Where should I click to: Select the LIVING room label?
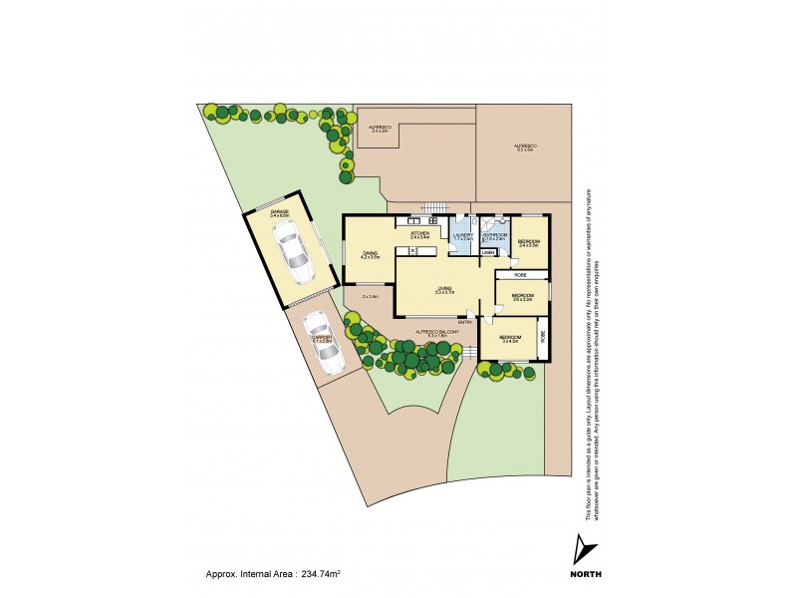coord(444,289)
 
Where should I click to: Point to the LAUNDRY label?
coord(463,235)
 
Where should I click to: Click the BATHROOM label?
coord(495,235)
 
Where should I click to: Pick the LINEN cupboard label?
coord(488,253)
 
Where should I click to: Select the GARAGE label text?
coord(279,212)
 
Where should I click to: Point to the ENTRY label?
coord(465,322)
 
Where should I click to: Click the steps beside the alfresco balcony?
coord(469,352)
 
